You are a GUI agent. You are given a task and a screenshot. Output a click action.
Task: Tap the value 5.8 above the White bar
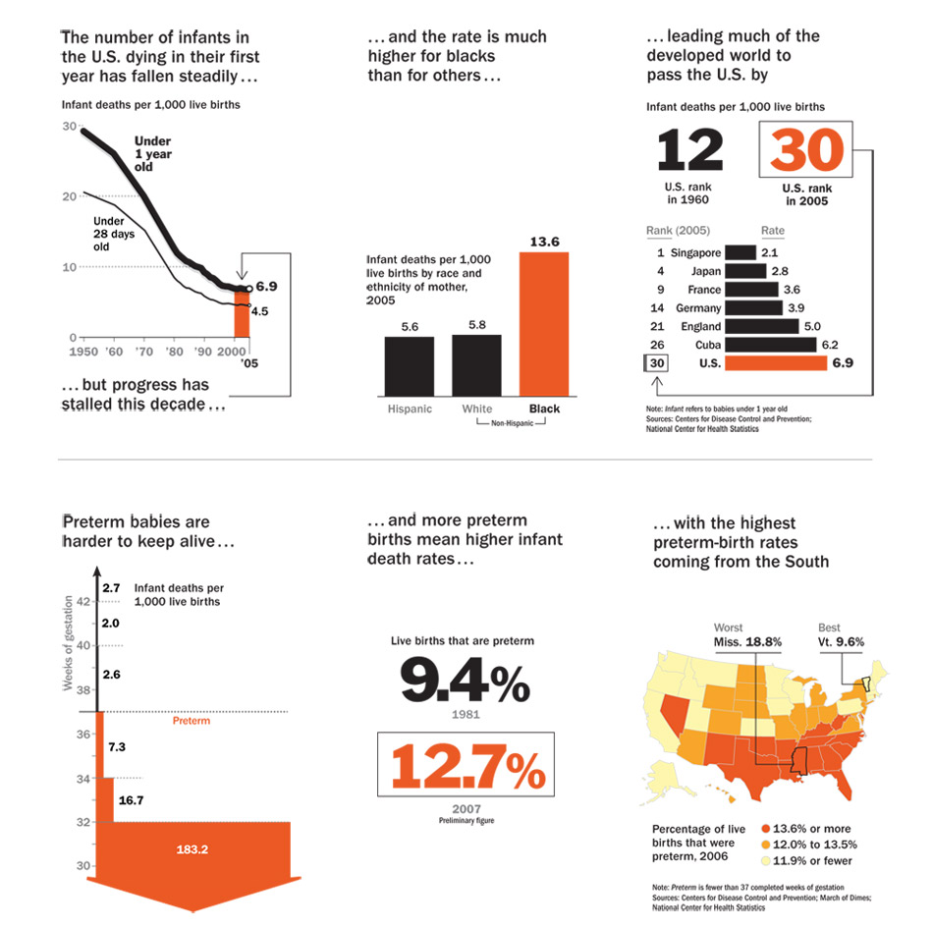tap(477, 324)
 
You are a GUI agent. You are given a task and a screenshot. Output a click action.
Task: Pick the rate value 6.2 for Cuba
tap(831, 345)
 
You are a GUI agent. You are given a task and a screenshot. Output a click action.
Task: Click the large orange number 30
tap(806, 150)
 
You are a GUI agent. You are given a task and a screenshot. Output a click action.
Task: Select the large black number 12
tap(689, 150)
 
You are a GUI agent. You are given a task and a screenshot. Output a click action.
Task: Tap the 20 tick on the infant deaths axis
tap(69, 196)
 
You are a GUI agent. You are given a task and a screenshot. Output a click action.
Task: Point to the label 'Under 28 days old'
tap(114, 234)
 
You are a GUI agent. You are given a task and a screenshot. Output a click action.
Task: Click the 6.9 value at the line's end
tap(268, 286)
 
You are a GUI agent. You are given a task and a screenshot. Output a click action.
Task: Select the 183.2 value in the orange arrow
tap(192, 848)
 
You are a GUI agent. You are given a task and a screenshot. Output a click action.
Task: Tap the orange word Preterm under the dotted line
tap(192, 721)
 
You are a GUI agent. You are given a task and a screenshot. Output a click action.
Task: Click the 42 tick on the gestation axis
tap(84, 602)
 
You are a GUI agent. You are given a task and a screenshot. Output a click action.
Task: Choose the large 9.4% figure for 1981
tap(464, 680)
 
